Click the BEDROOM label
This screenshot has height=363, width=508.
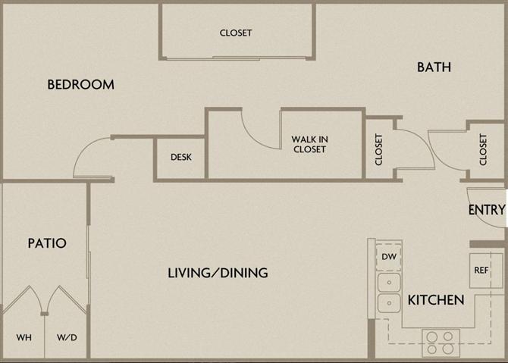81,85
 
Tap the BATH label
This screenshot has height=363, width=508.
434,67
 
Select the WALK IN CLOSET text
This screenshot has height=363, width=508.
309,144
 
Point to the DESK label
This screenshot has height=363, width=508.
180,158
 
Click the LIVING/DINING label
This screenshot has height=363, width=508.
218,273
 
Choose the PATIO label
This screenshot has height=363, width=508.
47,243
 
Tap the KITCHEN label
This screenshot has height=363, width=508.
436,300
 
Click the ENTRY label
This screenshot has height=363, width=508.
486,210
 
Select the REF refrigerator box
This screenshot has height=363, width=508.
481,270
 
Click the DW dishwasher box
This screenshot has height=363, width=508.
389,258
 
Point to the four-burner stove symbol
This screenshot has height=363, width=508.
440,343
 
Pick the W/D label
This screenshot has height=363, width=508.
66,337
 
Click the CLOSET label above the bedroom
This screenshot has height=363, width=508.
236,33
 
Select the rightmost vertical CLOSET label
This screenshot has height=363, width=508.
484,149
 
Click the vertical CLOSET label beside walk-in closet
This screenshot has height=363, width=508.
378,149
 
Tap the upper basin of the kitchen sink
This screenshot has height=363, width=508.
390,283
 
